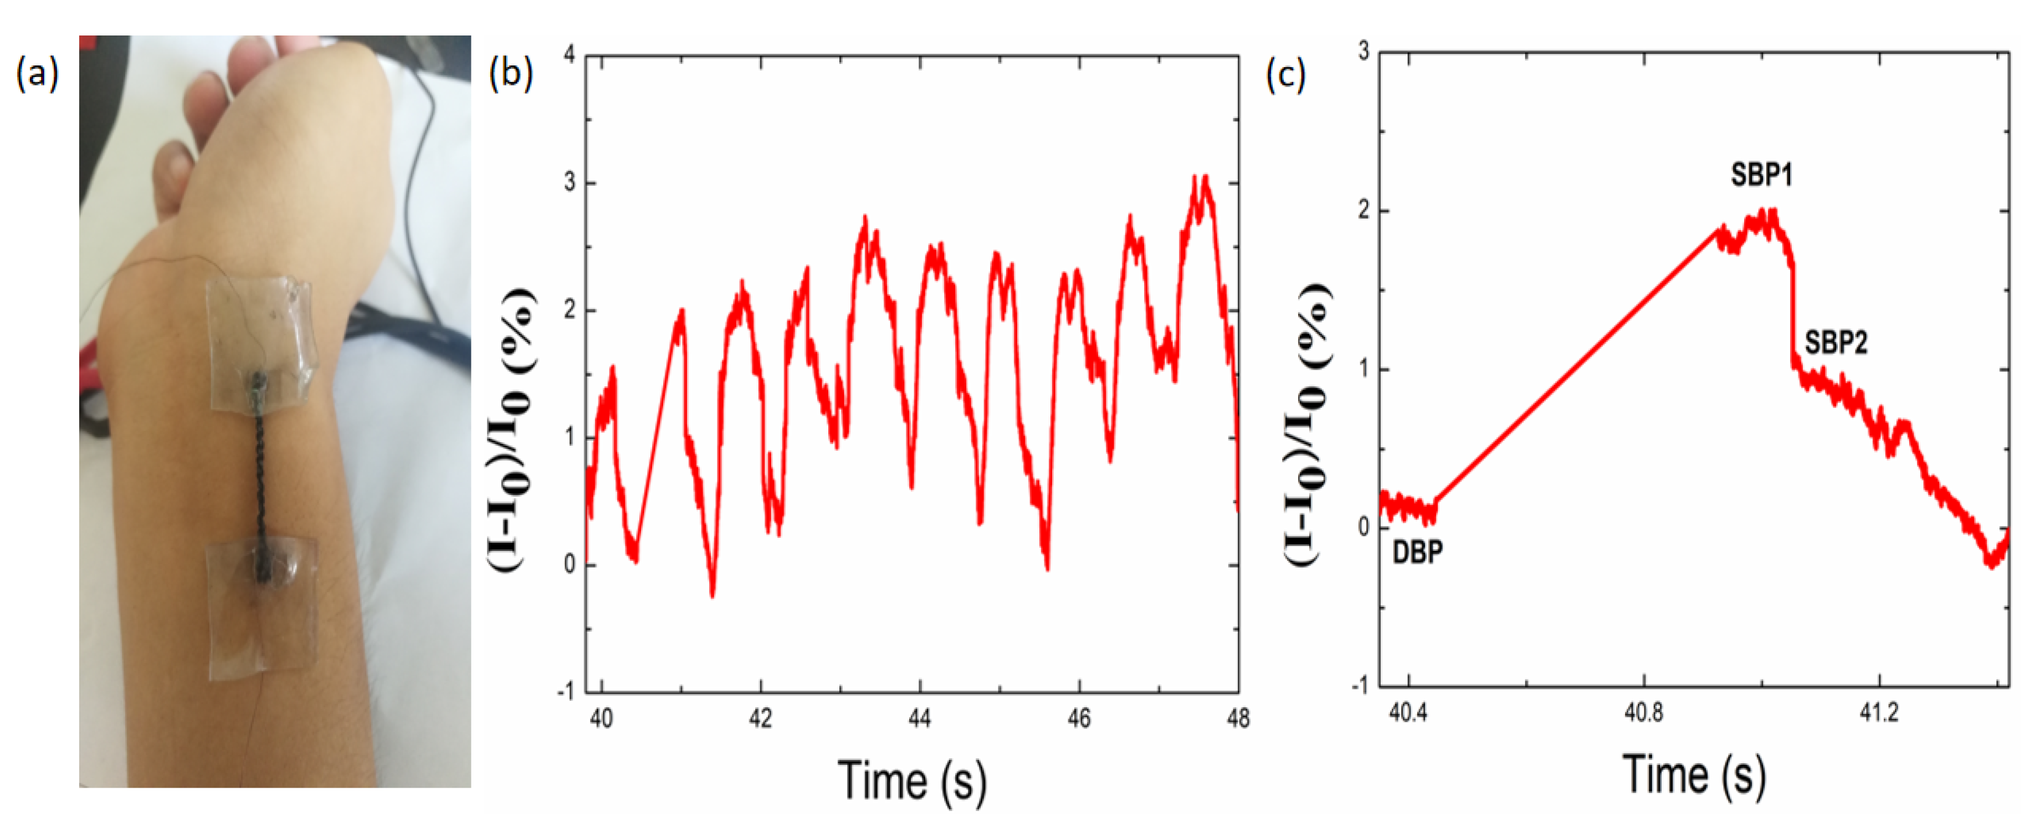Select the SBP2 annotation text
click(x=1836, y=343)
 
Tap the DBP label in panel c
click(x=1418, y=552)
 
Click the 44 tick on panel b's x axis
click(x=919, y=718)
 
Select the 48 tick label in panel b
click(x=1238, y=718)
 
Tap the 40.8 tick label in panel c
click(x=1643, y=713)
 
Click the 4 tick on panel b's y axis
click(x=568, y=55)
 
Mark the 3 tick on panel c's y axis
click(x=1363, y=52)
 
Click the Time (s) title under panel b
click(x=913, y=781)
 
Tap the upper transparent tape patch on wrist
click(x=262, y=341)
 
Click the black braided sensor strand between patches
click(x=260, y=475)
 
